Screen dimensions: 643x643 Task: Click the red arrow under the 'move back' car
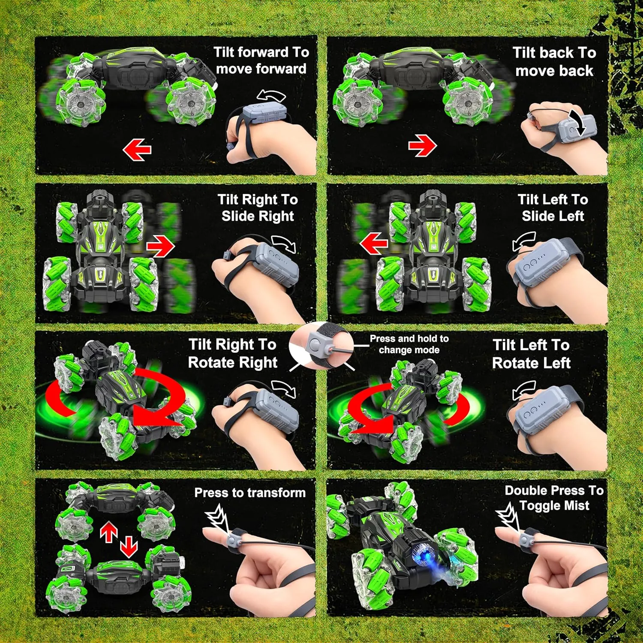[422, 145]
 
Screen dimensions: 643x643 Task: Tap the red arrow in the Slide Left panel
[374, 243]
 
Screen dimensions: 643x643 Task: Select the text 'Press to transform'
[250, 493]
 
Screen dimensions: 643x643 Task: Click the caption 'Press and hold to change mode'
[409, 344]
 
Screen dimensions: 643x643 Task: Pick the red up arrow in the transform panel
[109, 533]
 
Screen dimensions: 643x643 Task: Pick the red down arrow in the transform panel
[129, 547]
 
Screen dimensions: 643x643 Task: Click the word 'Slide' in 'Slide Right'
[237, 216]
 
